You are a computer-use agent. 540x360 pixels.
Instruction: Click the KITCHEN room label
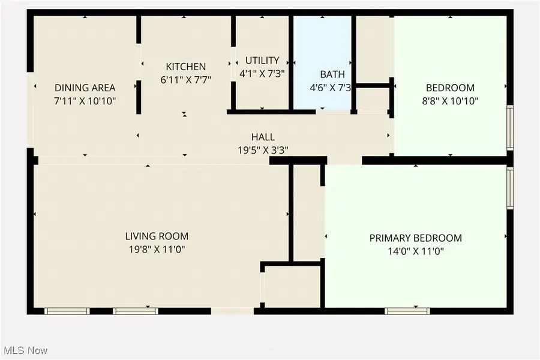pos(185,67)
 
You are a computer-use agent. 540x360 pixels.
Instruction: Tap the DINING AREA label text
pos(85,88)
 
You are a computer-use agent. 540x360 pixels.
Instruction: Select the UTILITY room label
pos(262,60)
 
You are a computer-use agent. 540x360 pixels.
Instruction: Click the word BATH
pos(332,74)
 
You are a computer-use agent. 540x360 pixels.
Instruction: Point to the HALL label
pos(263,137)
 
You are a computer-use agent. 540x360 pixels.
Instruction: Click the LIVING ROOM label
pos(157,236)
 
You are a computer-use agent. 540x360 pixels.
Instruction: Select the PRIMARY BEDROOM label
pos(415,238)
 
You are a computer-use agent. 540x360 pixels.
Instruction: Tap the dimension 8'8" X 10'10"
pos(451,101)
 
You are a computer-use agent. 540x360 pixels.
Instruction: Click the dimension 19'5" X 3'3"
pos(263,151)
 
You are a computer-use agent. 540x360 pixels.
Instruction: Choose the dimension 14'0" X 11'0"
pos(415,252)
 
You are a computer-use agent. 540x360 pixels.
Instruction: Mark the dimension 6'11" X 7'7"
pos(185,80)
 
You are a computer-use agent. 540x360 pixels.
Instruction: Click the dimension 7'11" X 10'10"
pos(85,101)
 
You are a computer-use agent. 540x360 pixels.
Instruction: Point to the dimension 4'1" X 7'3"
pos(262,73)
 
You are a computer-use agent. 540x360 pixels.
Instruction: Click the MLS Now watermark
pos(26,350)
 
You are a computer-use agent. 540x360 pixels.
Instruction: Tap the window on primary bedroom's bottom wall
pos(407,311)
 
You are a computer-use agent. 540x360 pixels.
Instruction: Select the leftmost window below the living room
pos(67,311)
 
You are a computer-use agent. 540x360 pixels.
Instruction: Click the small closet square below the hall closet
pos(292,286)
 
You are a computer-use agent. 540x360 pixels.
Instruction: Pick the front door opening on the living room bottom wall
pos(233,311)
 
